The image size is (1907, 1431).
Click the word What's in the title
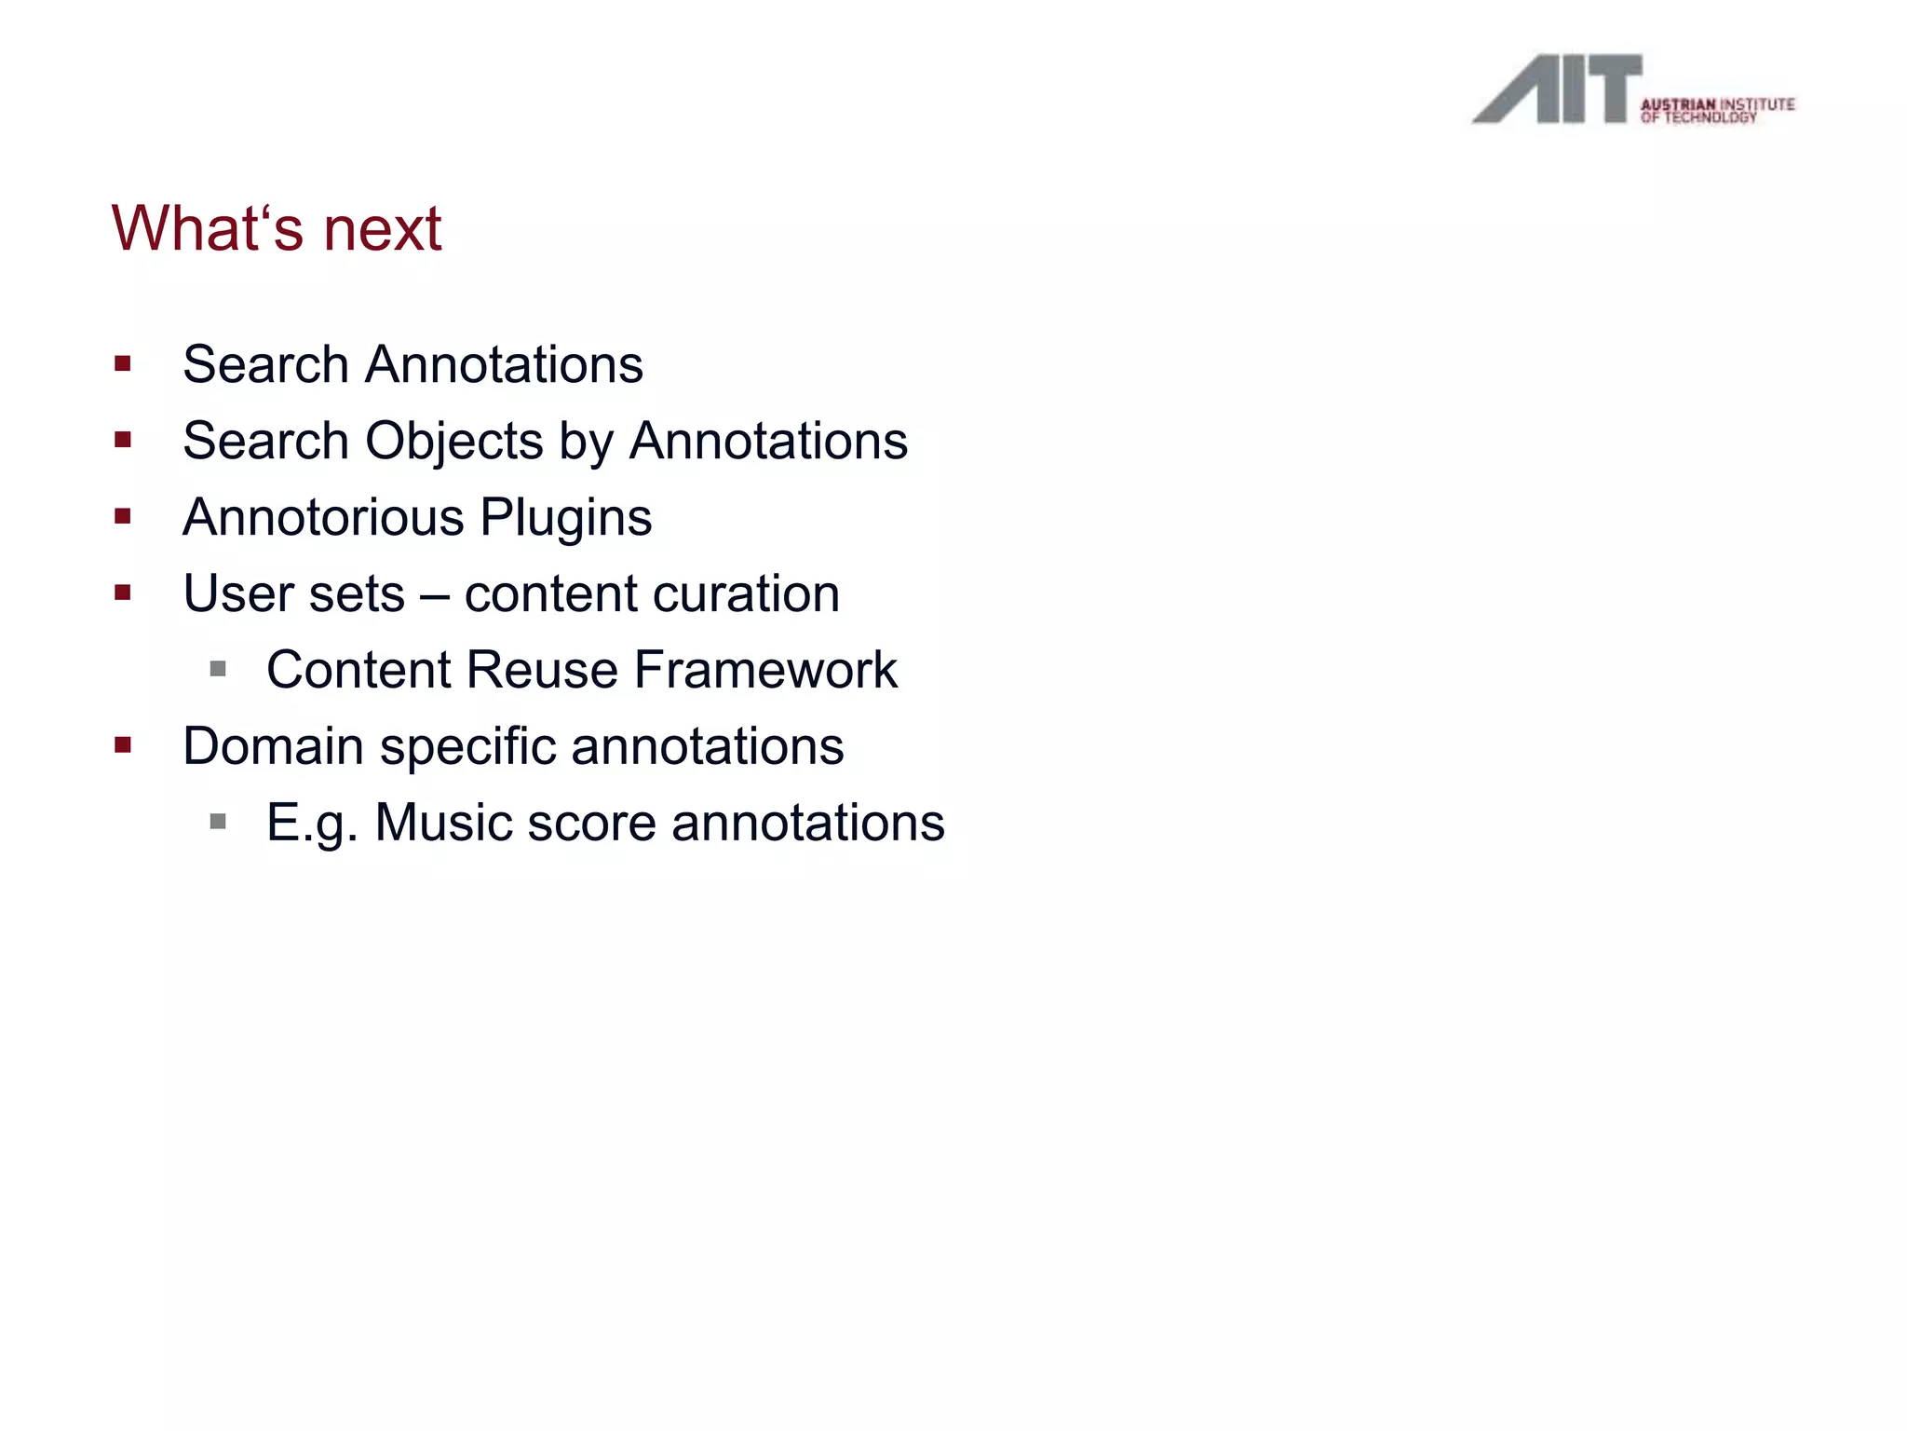(207, 229)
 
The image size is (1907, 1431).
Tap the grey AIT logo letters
(1557, 89)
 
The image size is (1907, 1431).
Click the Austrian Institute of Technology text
(1717, 110)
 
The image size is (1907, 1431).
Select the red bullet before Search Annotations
(123, 364)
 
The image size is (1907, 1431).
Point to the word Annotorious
(323, 517)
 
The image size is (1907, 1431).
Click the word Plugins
(566, 517)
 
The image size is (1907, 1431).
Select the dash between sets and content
(434, 595)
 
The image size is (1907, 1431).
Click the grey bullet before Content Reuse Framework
(218, 669)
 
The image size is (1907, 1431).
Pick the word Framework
(765, 670)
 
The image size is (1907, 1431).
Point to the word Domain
(273, 746)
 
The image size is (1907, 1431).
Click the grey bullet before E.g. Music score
(218, 822)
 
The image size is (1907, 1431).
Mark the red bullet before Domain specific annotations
(123, 745)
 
